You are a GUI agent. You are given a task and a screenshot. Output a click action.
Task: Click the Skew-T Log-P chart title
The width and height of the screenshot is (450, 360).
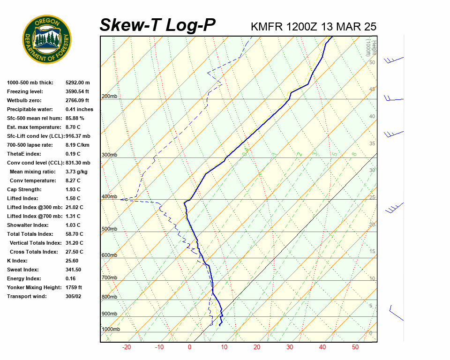[157, 25]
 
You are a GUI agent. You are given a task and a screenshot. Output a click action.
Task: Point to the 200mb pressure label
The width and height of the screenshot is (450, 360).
[109, 97]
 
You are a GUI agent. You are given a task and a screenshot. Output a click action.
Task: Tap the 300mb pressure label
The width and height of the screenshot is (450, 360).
[109, 155]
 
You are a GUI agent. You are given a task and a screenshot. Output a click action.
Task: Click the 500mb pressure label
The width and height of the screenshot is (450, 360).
[109, 229]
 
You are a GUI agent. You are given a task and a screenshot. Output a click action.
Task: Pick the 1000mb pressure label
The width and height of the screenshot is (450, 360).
[111, 330]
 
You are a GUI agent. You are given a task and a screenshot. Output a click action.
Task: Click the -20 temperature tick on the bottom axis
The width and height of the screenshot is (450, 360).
[126, 347]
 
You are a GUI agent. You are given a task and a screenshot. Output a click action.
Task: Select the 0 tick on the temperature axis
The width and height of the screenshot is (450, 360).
[189, 347]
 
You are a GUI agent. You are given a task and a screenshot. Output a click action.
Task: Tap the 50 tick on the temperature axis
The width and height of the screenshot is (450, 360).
[355, 347]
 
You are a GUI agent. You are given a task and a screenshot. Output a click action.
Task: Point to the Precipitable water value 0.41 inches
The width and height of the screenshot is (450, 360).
[79, 109]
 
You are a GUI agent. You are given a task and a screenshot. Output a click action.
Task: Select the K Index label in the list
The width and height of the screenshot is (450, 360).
[17, 261]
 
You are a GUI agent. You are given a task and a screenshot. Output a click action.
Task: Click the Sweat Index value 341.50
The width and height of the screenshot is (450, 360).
[73, 270]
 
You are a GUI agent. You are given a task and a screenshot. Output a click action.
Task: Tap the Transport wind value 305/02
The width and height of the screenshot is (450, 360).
[73, 296]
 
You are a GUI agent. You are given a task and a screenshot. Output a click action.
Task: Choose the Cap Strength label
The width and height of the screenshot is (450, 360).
[24, 189]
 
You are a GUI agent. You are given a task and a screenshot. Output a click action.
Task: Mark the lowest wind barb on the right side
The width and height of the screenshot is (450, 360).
[396, 313]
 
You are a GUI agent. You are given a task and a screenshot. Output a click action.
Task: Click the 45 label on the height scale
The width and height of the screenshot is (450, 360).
[372, 90]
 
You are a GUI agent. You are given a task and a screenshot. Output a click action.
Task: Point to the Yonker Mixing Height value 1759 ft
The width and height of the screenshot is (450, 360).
[74, 287]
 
